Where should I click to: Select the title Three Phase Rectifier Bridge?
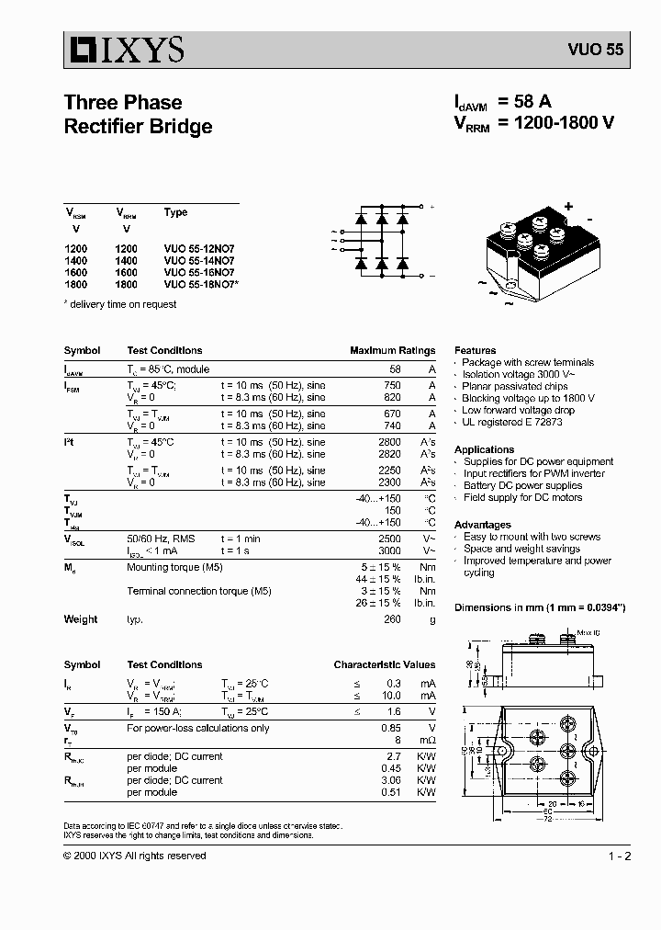pyautogui.click(x=138, y=115)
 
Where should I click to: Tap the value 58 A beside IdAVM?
pyautogui.click(x=525, y=103)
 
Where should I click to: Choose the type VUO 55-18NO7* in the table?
pyautogui.click(x=201, y=285)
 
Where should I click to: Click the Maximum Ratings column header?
pyautogui.click(x=392, y=350)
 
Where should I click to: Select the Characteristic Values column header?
pyautogui.click(x=384, y=664)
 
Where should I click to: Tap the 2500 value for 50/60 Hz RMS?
pyautogui.click(x=388, y=538)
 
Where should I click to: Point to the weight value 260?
pyautogui.click(x=392, y=619)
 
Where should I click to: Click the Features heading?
pyautogui.click(x=475, y=350)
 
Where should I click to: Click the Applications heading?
pyautogui.click(x=484, y=449)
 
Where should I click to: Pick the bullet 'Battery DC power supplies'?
pyautogui.click(x=522, y=485)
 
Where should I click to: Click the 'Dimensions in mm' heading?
pyautogui.click(x=540, y=607)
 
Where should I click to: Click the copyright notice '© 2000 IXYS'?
pyautogui.click(x=134, y=856)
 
